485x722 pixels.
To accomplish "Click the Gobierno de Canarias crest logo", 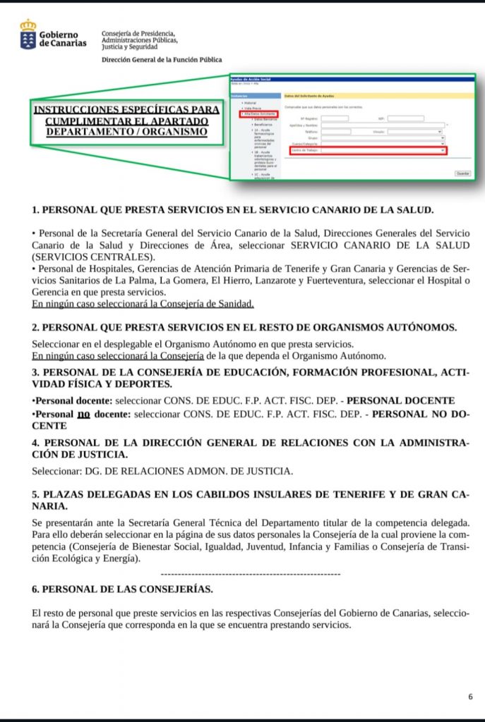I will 28,35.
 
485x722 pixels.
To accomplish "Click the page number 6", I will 470,697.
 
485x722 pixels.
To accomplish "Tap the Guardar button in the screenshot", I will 462,173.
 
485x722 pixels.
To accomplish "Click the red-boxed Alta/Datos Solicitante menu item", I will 258,114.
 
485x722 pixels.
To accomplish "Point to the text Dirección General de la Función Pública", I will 162,61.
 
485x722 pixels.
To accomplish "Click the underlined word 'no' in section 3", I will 84,414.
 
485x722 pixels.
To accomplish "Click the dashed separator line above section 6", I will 251,575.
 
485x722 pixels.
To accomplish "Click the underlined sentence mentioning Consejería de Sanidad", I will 143,304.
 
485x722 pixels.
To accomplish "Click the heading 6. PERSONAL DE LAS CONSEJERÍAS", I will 122,589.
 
